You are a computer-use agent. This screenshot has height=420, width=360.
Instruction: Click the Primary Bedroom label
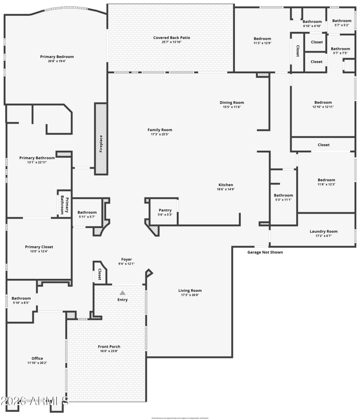[x=57, y=57]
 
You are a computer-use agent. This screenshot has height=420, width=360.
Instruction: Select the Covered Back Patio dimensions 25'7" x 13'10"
[x=171, y=43]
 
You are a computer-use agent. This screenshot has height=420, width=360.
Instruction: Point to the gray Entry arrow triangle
[x=122, y=293]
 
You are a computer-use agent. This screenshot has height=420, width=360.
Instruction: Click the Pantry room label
[x=165, y=210]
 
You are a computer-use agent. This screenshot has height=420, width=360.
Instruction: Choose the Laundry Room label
[x=323, y=232]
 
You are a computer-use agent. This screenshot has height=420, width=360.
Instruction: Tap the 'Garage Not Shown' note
[x=265, y=252]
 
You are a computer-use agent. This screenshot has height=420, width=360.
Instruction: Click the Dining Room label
[x=232, y=103]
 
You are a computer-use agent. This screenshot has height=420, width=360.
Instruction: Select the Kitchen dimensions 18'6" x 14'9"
[x=225, y=189]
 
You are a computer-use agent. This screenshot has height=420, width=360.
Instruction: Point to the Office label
[x=37, y=358]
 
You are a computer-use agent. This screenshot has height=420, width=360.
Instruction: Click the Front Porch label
[x=109, y=346]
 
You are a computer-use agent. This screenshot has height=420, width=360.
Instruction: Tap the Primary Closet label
[x=39, y=247]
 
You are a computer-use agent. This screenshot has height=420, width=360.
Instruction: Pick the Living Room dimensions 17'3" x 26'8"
[x=190, y=295]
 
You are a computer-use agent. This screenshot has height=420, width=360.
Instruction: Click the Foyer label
[x=126, y=259]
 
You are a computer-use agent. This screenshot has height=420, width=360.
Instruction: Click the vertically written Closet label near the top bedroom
[x=297, y=51]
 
